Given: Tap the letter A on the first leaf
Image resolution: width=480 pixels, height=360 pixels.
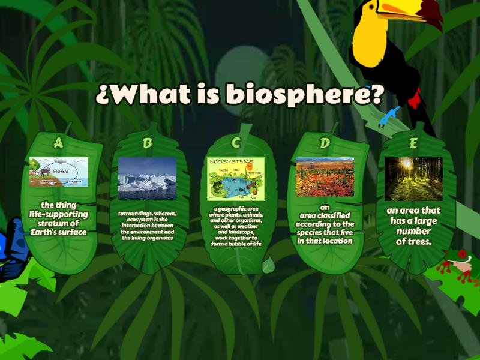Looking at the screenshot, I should coord(58,142).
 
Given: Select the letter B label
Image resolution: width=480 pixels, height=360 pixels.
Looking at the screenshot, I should coord(148,143).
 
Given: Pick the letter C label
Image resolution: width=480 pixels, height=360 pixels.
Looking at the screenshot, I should coord(236,142).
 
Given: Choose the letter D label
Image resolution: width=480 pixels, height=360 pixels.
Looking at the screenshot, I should coord(325,143).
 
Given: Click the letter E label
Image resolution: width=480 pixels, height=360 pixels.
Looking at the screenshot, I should coord(413,142).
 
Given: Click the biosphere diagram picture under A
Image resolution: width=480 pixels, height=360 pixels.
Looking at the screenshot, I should coord(58,172).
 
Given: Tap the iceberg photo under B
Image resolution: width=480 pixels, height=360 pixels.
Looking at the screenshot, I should coord(148,178).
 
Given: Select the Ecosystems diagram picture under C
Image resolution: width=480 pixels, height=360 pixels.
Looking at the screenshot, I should coord(236,179).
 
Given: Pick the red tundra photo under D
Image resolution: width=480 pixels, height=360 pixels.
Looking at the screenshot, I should coord(325,178).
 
